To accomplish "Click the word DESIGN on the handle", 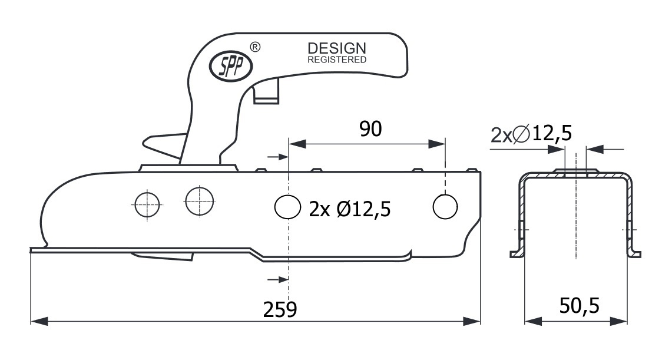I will (337, 49).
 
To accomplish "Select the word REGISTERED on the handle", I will (337, 60).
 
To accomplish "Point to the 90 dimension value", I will (370, 129).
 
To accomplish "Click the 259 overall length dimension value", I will (280, 309).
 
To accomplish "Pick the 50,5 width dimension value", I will (578, 306).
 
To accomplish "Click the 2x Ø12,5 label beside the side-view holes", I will (350, 208).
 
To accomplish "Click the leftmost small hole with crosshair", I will (147, 204).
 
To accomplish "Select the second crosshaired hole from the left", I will (200, 202).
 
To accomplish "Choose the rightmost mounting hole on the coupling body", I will (445, 205).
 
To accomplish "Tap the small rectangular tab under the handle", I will (265, 93).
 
